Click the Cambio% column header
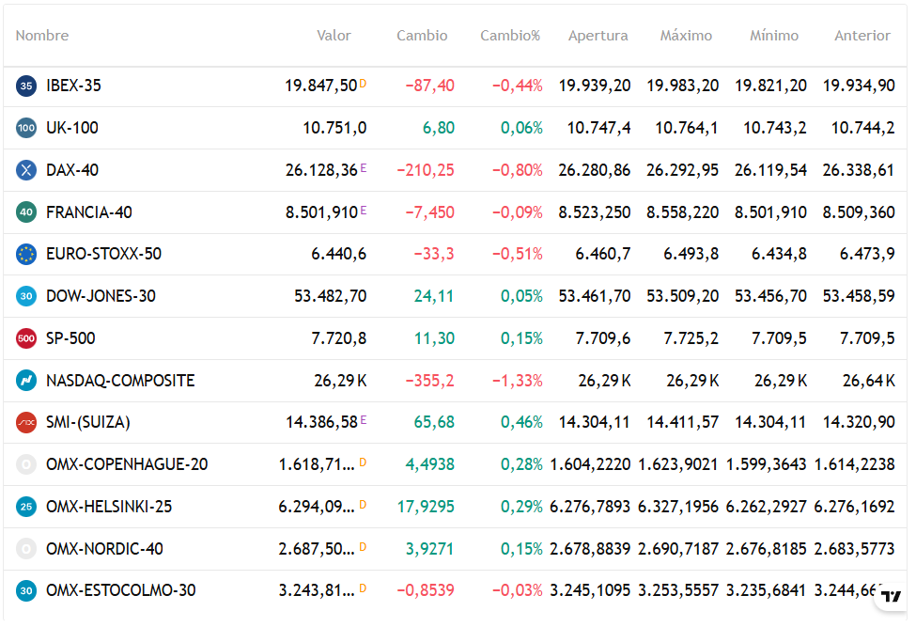510,36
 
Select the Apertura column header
598,37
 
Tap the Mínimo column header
774,36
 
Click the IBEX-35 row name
73,86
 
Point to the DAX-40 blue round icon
26,170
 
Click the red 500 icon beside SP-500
26,338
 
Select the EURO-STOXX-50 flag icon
26,254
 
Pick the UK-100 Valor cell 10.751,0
334,128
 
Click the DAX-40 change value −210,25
426,170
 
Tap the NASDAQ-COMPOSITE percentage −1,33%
517,381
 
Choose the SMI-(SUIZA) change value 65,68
434,422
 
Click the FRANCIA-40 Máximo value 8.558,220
682,212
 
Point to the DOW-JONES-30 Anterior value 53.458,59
859,296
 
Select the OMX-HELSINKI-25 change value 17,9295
426,507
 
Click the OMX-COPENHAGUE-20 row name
127,464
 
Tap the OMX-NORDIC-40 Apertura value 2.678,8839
590,549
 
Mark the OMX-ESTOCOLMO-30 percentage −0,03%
517,590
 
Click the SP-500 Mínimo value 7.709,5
779,338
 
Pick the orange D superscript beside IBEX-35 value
363,84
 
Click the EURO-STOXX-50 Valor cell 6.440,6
339,254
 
